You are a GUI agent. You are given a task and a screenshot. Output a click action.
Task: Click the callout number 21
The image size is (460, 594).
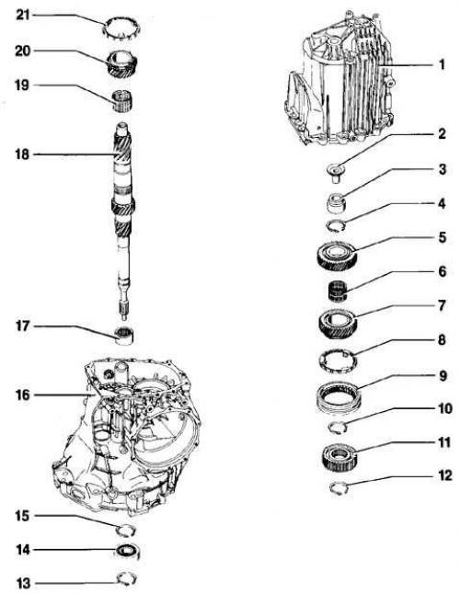pyautogui.click(x=22, y=15)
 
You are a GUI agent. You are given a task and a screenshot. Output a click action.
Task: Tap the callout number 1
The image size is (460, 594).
pyautogui.click(x=441, y=64)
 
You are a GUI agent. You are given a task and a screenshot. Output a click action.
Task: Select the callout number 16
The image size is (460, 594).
pyautogui.click(x=22, y=395)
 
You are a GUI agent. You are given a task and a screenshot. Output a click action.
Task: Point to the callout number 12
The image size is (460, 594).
pyautogui.click(x=444, y=475)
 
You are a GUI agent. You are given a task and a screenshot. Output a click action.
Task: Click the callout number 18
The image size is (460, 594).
pyautogui.click(x=22, y=154)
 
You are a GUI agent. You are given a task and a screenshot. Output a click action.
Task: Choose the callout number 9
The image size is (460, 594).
pyautogui.click(x=443, y=376)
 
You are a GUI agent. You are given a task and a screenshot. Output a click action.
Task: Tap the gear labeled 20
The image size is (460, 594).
pyautogui.click(x=122, y=64)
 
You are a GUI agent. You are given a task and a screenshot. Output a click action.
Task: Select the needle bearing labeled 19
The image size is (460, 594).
pyautogui.click(x=122, y=101)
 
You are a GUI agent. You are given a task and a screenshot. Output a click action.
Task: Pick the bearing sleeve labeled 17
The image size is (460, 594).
pyautogui.click(x=124, y=336)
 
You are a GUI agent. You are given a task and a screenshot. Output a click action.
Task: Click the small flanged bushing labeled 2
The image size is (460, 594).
pyautogui.click(x=336, y=173)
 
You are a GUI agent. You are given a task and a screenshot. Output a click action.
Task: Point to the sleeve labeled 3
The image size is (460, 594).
pyautogui.click(x=337, y=202)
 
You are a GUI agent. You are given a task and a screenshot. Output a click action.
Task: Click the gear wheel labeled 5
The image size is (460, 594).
pyautogui.click(x=337, y=257)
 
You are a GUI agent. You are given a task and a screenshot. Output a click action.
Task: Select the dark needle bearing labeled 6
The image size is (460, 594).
pyautogui.click(x=338, y=291)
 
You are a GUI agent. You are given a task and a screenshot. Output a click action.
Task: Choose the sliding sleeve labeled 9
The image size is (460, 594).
pyautogui.click(x=339, y=397)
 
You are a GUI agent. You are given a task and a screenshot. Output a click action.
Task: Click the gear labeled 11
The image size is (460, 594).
pyautogui.click(x=339, y=458)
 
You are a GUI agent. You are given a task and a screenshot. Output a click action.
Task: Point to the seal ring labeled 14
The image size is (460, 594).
pyautogui.click(x=128, y=551)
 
